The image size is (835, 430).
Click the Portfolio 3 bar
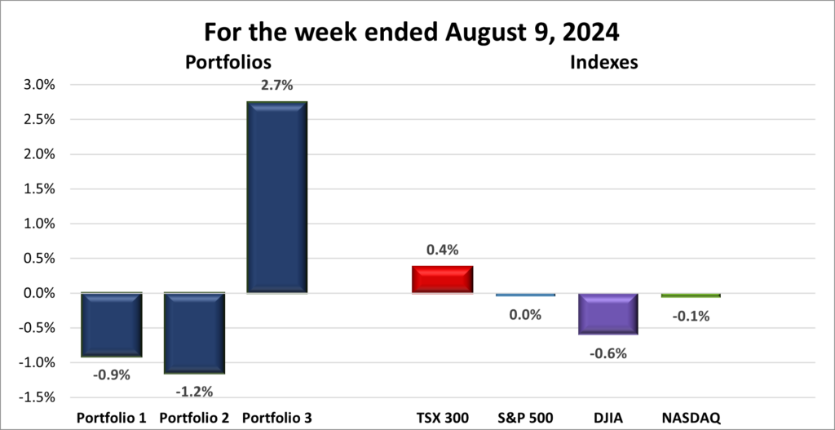tap(276, 197)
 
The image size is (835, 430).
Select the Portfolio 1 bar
tap(113, 325)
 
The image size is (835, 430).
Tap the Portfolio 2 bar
tap(195, 333)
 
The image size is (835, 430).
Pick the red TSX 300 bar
tap(443, 279)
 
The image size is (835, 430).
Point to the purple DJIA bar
tap(608, 313)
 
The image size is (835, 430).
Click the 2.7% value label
tap(276, 85)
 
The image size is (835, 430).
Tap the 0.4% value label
tap(443, 250)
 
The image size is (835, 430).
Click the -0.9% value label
tap(113, 375)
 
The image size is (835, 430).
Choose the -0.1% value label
tap(691, 316)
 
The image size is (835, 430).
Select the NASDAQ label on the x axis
tap(691, 418)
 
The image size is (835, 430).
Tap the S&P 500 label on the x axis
tap(525, 418)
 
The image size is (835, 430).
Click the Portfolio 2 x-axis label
tap(195, 418)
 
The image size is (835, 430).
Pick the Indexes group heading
tap(604, 62)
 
